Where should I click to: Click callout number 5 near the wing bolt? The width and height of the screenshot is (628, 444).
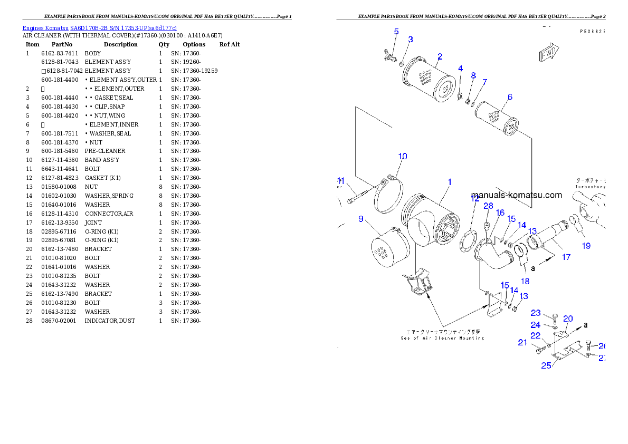click(x=396, y=32)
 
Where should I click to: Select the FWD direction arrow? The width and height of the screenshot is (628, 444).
click(x=549, y=53)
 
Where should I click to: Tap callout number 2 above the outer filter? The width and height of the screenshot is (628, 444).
click(x=440, y=56)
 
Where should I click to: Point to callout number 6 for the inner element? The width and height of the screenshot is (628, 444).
click(x=510, y=97)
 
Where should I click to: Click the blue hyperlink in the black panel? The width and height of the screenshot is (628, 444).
click(x=99, y=27)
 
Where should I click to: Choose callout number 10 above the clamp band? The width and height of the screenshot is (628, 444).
click(x=403, y=156)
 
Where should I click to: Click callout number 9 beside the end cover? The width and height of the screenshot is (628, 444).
click(x=361, y=218)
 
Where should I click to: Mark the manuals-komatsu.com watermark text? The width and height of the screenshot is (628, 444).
click(x=517, y=195)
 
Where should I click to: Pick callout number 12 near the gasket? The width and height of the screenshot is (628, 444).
click(x=475, y=199)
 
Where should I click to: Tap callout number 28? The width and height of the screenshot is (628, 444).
click(x=488, y=206)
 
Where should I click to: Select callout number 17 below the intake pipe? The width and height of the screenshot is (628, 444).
click(x=566, y=257)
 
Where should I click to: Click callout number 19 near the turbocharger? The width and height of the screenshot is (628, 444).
click(x=586, y=245)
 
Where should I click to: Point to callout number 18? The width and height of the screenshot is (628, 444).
click(x=525, y=281)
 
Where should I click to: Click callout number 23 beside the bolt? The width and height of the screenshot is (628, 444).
click(x=536, y=313)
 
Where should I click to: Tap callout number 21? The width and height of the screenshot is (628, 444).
click(x=522, y=342)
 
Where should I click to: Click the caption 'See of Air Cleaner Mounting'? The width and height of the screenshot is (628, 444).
click(x=442, y=337)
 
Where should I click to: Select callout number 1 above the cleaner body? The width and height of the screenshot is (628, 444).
click(x=450, y=182)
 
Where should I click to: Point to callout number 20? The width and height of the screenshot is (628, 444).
click(x=568, y=318)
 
